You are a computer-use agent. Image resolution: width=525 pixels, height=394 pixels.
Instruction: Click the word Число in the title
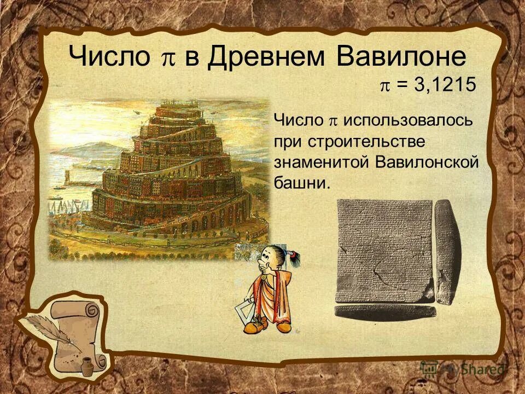tap(109, 56)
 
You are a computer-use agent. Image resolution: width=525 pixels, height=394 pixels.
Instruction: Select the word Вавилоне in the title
tap(401, 56)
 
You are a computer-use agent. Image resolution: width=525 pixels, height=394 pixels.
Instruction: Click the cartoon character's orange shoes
tap(268, 326)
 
